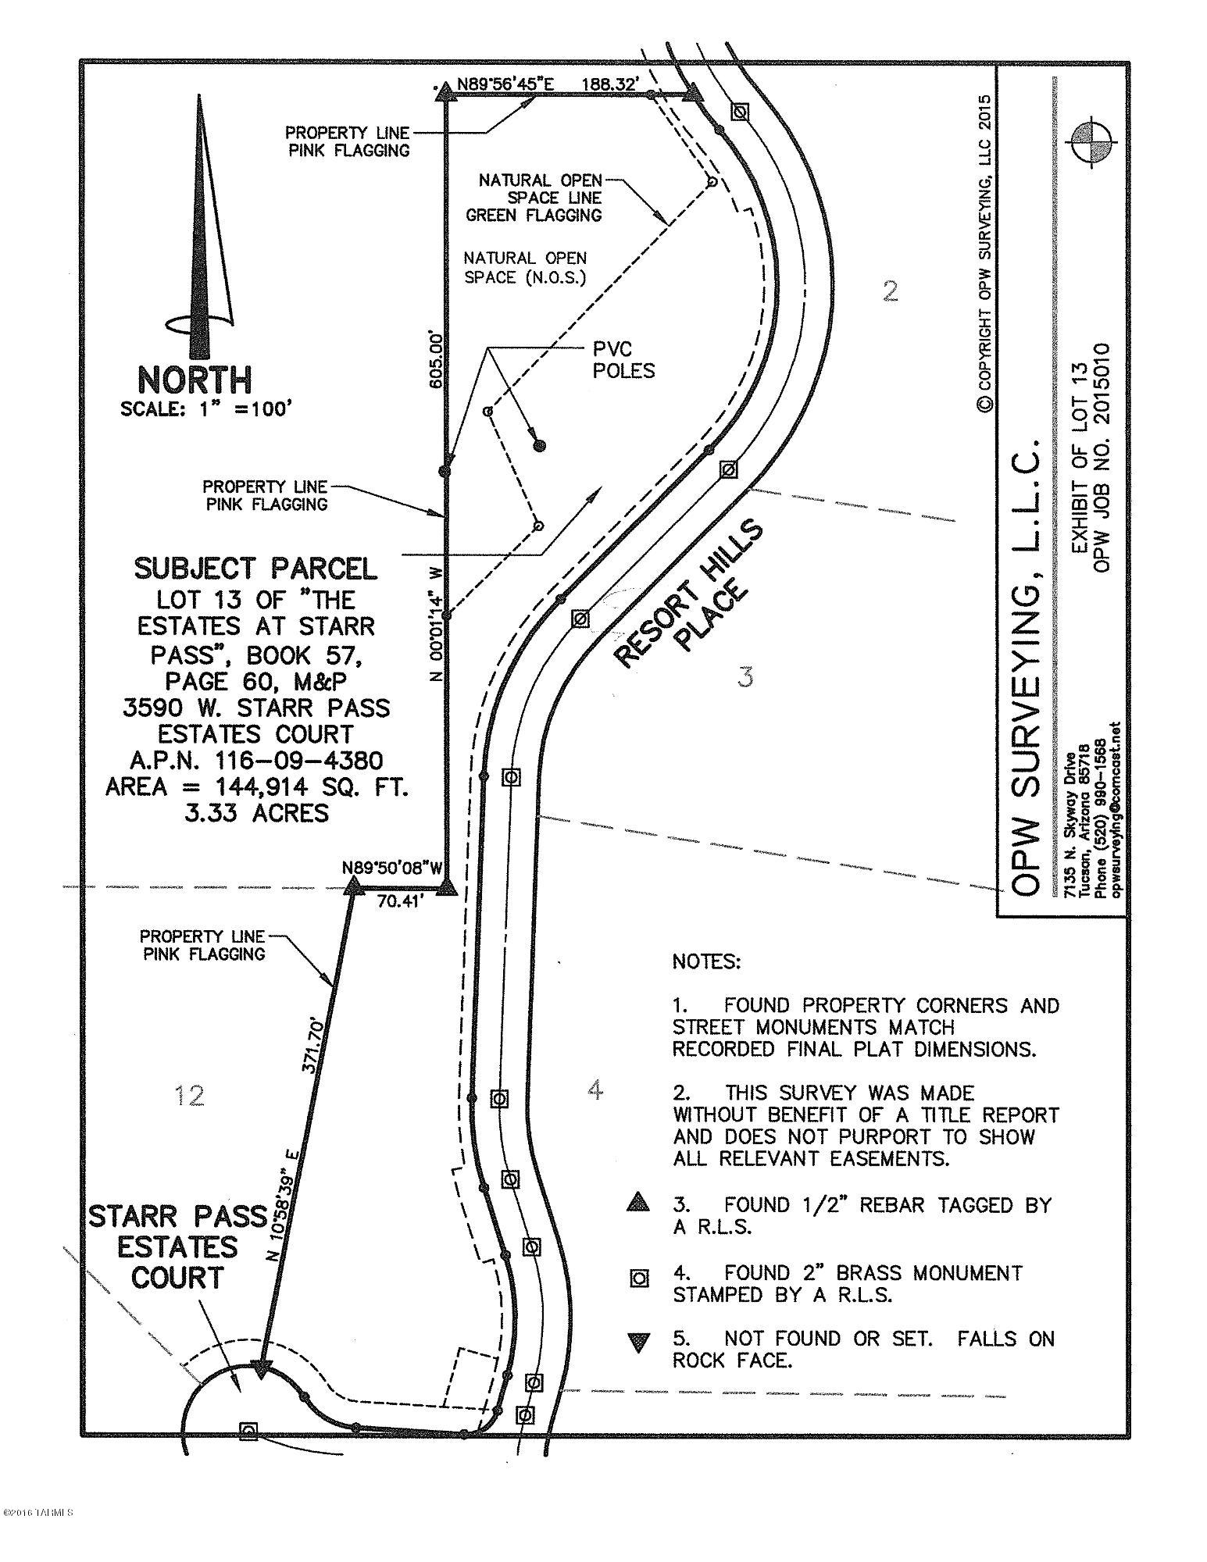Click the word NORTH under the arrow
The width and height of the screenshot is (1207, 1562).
195,380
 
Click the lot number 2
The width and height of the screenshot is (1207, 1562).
890,291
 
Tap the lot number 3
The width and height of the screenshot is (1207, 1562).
746,676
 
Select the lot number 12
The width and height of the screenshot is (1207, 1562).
191,1096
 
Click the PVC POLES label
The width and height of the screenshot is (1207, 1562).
623,360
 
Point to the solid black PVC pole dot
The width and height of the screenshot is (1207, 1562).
538,446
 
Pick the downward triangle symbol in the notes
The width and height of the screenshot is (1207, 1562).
640,1343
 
